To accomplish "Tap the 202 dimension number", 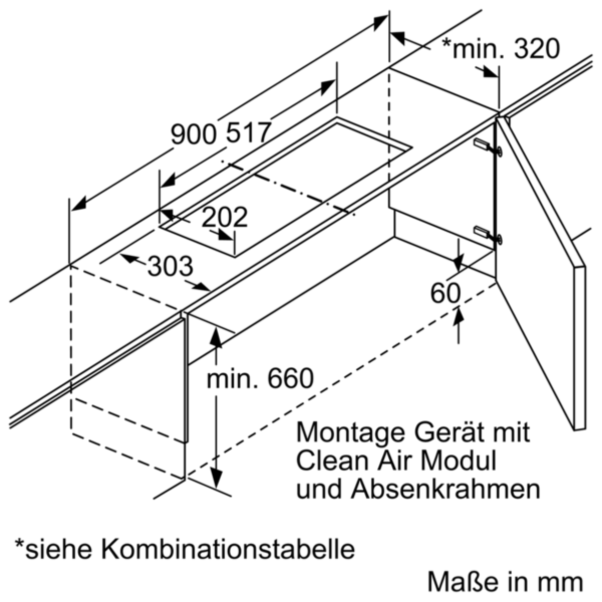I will click(x=225, y=217).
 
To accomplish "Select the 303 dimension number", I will click(x=170, y=266).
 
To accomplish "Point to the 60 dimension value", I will click(x=445, y=293).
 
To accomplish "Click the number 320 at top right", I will click(x=531, y=49).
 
